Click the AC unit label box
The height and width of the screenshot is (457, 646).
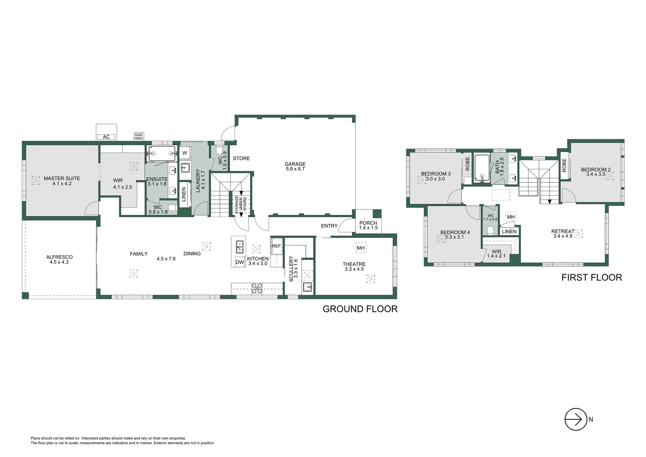pyautogui.click(x=106, y=137)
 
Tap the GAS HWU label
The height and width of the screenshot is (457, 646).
pyautogui.click(x=139, y=137)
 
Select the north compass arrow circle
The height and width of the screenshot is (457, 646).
pyautogui.click(x=576, y=419)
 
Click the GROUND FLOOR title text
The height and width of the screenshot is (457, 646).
pyautogui.click(x=360, y=309)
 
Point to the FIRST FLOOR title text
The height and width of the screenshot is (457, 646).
pyautogui.click(x=591, y=278)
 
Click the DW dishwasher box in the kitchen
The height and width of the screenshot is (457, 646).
pyautogui.click(x=240, y=262)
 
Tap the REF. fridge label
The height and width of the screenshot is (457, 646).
pyautogui.click(x=276, y=246)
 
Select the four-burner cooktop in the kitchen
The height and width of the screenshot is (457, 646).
pyautogui.click(x=257, y=288)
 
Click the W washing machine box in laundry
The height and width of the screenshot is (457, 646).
pyautogui.click(x=185, y=153)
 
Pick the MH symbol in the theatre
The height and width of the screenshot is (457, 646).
pyautogui.click(x=361, y=248)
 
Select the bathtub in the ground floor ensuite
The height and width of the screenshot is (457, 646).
pyautogui.click(x=161, y=154)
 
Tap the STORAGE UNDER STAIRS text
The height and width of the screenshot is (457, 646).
pyautogui.click(x=241, y=204)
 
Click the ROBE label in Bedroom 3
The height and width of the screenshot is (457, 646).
pyautogui.click(x=468, y=164)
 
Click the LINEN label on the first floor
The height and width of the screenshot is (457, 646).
pyautogui.click(x=509, y=231)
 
